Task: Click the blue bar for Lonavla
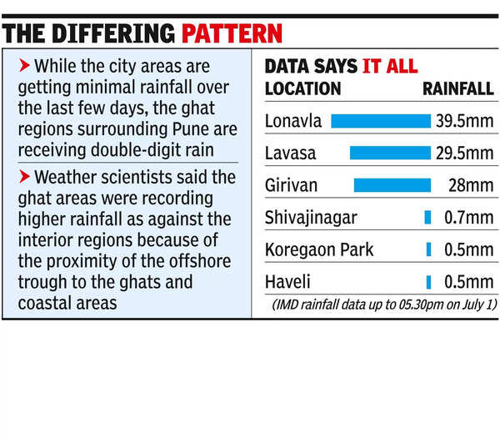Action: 380,121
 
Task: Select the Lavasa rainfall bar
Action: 389,153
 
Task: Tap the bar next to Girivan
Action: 392,184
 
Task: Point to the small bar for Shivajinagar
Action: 427,218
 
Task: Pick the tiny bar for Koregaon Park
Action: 428,249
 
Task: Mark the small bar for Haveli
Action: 428,281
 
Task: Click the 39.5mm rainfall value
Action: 464,121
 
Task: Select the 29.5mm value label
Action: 464,153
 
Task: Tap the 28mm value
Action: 472,185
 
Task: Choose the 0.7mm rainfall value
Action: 467,218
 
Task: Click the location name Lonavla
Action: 292,121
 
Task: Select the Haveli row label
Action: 285,281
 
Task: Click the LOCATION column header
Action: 302,88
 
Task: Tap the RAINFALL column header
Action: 458,88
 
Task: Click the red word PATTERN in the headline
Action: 232,34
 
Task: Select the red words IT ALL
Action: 389,67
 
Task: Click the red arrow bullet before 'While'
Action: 23,65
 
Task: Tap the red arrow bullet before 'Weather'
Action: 23,176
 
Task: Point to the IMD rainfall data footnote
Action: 383,304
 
